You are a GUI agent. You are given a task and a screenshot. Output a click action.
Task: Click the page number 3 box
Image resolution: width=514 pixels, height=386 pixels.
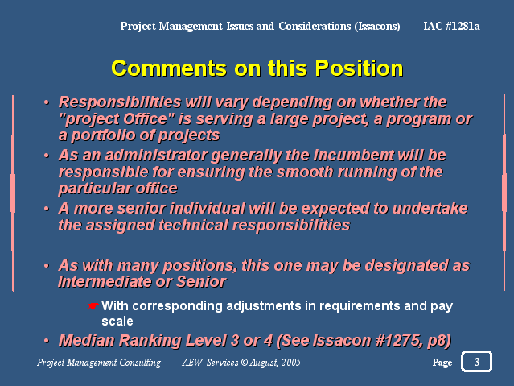pos(476,361)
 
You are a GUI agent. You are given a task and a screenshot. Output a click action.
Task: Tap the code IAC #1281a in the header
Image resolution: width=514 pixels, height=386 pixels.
pos(451,26)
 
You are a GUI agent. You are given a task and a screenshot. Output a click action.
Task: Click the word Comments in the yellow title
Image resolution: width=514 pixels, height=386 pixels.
pos(169,68)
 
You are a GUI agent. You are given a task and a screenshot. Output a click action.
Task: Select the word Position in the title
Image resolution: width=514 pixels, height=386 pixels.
pos(359,68)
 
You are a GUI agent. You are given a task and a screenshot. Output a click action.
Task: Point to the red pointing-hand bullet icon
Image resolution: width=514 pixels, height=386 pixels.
pos(93,306)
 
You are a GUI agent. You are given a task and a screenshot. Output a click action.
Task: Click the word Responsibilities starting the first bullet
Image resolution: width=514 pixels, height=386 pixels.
pos(120,102)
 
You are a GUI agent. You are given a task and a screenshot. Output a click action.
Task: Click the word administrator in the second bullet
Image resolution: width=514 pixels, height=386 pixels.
pos(156,156)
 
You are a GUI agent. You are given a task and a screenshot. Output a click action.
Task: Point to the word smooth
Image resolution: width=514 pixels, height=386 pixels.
pos(305,172)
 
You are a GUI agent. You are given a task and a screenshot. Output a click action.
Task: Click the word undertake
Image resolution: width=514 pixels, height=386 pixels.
pos(430,209)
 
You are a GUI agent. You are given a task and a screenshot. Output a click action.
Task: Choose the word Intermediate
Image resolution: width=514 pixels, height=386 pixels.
pos(105,281)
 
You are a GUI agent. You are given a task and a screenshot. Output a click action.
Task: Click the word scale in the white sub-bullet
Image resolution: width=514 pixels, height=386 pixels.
pos(117,322)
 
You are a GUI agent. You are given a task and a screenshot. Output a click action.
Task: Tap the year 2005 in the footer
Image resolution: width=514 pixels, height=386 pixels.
pos(290,363)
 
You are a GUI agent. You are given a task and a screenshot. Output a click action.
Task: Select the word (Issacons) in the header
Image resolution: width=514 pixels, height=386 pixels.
pos(377,27)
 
